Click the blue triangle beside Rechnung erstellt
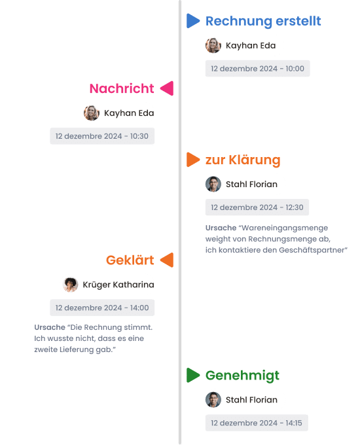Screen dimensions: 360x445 pos(193,21)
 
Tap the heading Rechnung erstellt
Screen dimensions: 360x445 pos(263,21)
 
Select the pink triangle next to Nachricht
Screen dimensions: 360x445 pos(167,88)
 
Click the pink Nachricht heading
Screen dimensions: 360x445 pos(122,88)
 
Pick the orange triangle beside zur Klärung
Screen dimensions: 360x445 pos(193,160)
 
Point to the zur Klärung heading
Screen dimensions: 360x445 pos(243,160)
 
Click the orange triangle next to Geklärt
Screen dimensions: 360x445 pos(167,260)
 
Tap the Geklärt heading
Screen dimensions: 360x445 pos(130,260)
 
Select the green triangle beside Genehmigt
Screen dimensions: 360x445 pos(193,375)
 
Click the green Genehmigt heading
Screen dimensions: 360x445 pos(242,376)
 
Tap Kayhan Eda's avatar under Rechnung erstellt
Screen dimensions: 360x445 pos(213,45)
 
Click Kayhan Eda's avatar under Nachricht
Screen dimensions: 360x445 pos(92,113)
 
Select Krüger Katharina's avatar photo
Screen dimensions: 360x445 pos(70,285)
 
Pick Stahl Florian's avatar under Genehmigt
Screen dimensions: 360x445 pos(213,400)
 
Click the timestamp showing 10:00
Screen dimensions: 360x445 pos(257,69)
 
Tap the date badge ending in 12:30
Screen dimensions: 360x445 pos(257,207)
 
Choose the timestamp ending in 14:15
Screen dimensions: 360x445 pos(257,423)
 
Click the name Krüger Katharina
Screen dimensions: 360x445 pos(118,285)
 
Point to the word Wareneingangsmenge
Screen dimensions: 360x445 pos(285,228)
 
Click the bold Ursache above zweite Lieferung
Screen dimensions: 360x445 pos(50,327)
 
